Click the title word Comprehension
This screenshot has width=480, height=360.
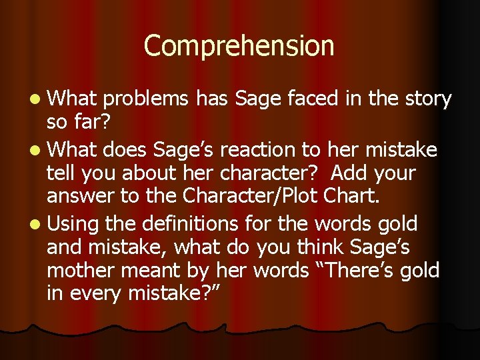pos(239,46)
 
